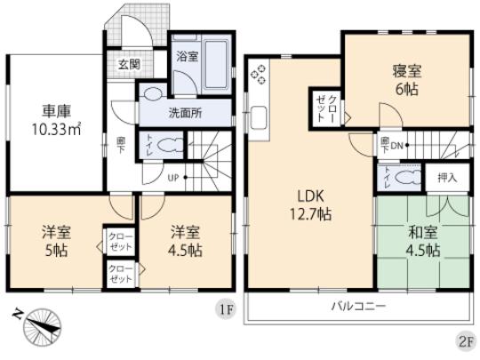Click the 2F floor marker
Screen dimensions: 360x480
[464, 340]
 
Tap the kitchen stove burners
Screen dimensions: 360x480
[260, 75]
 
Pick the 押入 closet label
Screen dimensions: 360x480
[447, 177]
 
